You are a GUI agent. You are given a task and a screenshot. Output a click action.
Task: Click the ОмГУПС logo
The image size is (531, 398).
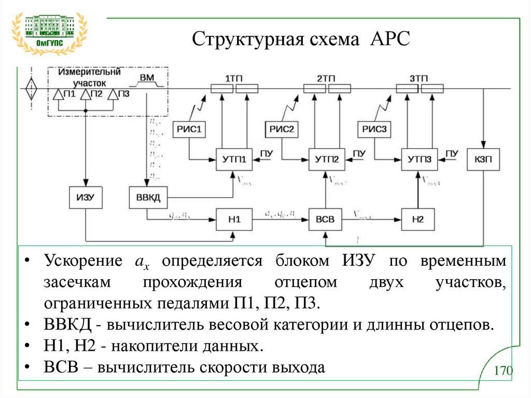pos(50,32)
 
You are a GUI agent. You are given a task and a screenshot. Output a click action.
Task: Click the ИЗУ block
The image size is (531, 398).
pos(86,197)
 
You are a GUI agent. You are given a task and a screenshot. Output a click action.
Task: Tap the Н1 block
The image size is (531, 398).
pos(234,220)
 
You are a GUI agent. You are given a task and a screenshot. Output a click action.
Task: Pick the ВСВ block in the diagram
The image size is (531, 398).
pos(325,220)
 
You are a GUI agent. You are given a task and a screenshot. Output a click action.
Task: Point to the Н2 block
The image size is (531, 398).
pos(418,220)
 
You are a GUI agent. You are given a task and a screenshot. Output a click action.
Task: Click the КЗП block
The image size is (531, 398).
pos(484,159)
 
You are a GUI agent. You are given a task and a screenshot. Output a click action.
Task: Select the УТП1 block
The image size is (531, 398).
pos(234,159)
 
